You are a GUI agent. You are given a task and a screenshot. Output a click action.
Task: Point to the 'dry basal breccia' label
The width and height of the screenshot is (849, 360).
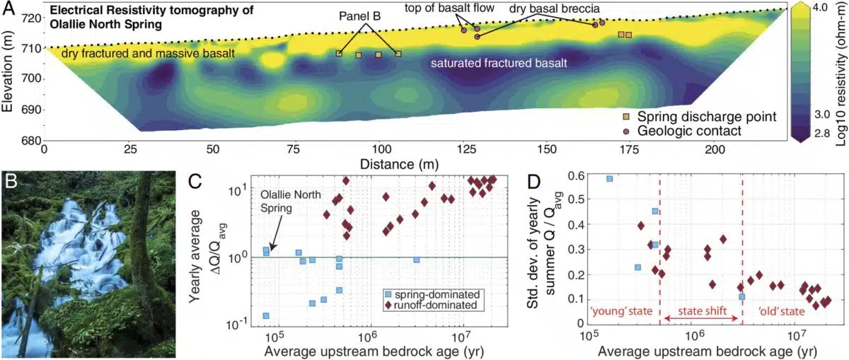tap(555, 8)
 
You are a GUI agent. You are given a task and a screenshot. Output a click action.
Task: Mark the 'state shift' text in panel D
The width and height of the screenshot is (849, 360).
tap(700, 311)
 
